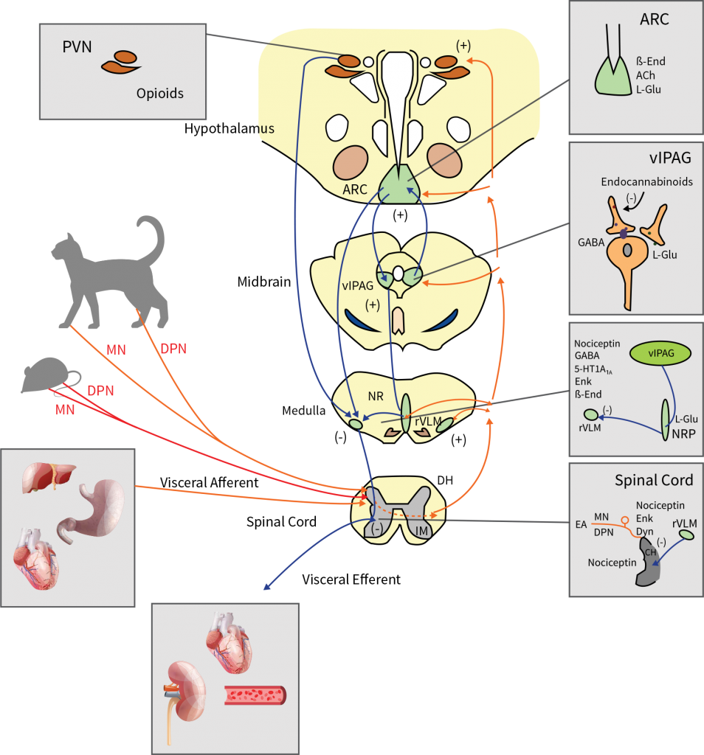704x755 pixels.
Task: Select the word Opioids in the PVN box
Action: [159, 94]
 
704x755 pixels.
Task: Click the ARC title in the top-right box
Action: [655, 19]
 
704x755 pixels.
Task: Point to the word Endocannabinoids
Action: [647, 181]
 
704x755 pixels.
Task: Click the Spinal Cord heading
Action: [654, 481]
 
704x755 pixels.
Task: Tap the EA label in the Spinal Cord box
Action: [582, 526]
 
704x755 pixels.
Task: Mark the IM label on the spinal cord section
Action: [422, 531]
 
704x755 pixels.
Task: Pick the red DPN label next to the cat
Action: [174, 349]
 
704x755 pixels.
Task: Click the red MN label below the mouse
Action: [66, 410]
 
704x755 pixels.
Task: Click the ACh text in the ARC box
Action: [645, 75]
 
